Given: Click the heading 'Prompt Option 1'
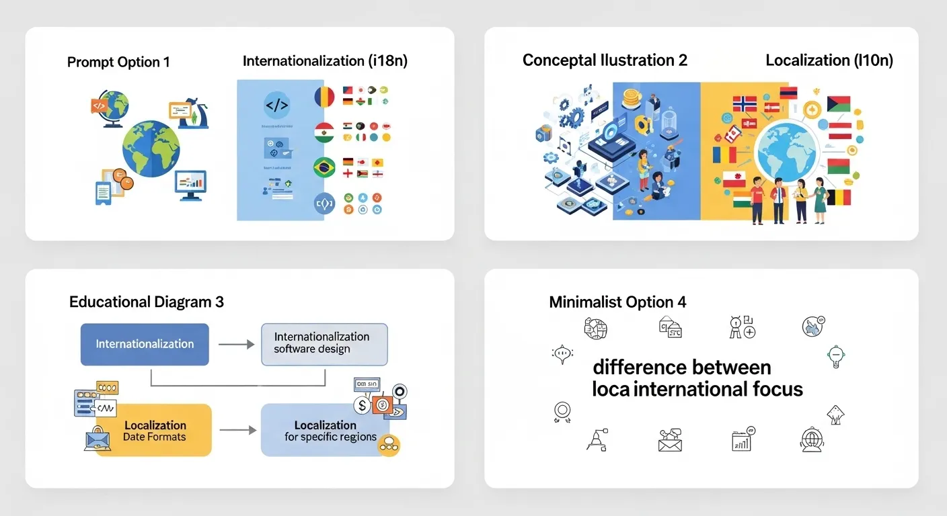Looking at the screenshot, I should (118, 62).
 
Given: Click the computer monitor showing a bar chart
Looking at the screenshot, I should (190, 183).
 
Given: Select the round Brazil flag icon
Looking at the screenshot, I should (324, 167).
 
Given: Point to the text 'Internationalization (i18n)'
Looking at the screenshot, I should (325, 61).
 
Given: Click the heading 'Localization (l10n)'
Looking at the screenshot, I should (829, 60).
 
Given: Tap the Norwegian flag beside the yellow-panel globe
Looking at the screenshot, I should (745, 103).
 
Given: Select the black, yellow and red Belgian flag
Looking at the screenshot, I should (839, 197).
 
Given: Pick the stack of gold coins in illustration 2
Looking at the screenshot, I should (632, 99).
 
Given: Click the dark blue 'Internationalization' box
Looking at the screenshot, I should (145, 344).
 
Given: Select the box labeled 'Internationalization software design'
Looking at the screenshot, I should (324, 343).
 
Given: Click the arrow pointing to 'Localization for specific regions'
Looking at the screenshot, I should (237, 430).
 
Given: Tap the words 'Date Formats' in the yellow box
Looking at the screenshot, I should (154, 437).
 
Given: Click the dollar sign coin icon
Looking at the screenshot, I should (363, 405).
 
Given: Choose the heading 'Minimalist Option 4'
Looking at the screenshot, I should (617, 302).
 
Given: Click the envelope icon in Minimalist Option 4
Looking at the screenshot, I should (670, 441).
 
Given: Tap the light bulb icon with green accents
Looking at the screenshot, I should (835, 355).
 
